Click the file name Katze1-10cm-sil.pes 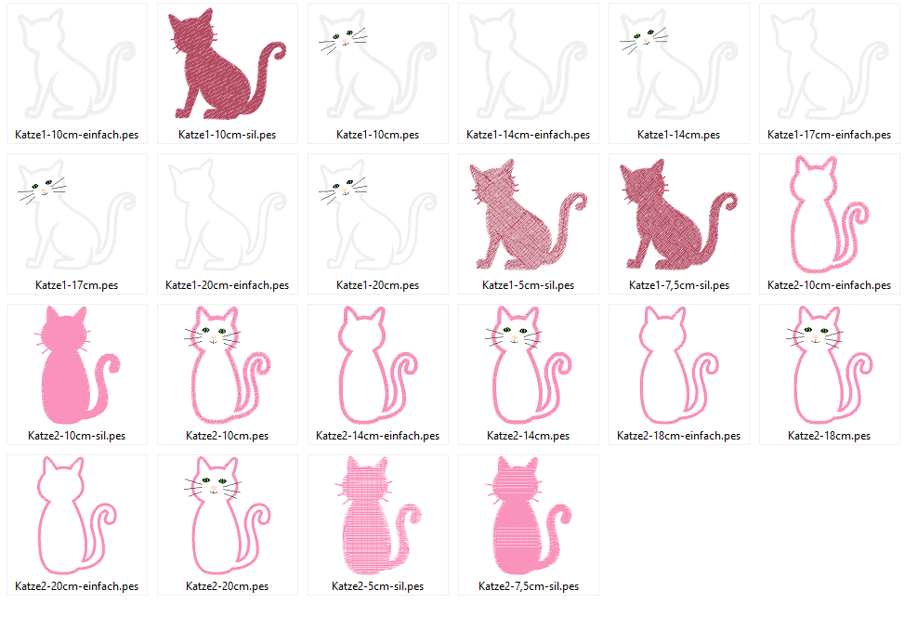point(227,135)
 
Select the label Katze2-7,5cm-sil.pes point(529,586)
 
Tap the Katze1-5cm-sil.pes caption point(528,285)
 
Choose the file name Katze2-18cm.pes point(829,436)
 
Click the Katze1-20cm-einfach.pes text point(227,285)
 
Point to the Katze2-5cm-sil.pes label point(377,586)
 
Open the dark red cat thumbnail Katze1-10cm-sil point(226,63)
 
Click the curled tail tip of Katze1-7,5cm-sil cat point(730,202)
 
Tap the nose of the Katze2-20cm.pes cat point(214,489)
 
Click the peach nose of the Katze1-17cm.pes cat point(44,190)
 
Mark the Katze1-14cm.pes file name point(678,135)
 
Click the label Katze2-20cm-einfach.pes point(77,586)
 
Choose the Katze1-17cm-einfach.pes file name point(829,135)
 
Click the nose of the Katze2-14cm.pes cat point(515,338)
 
